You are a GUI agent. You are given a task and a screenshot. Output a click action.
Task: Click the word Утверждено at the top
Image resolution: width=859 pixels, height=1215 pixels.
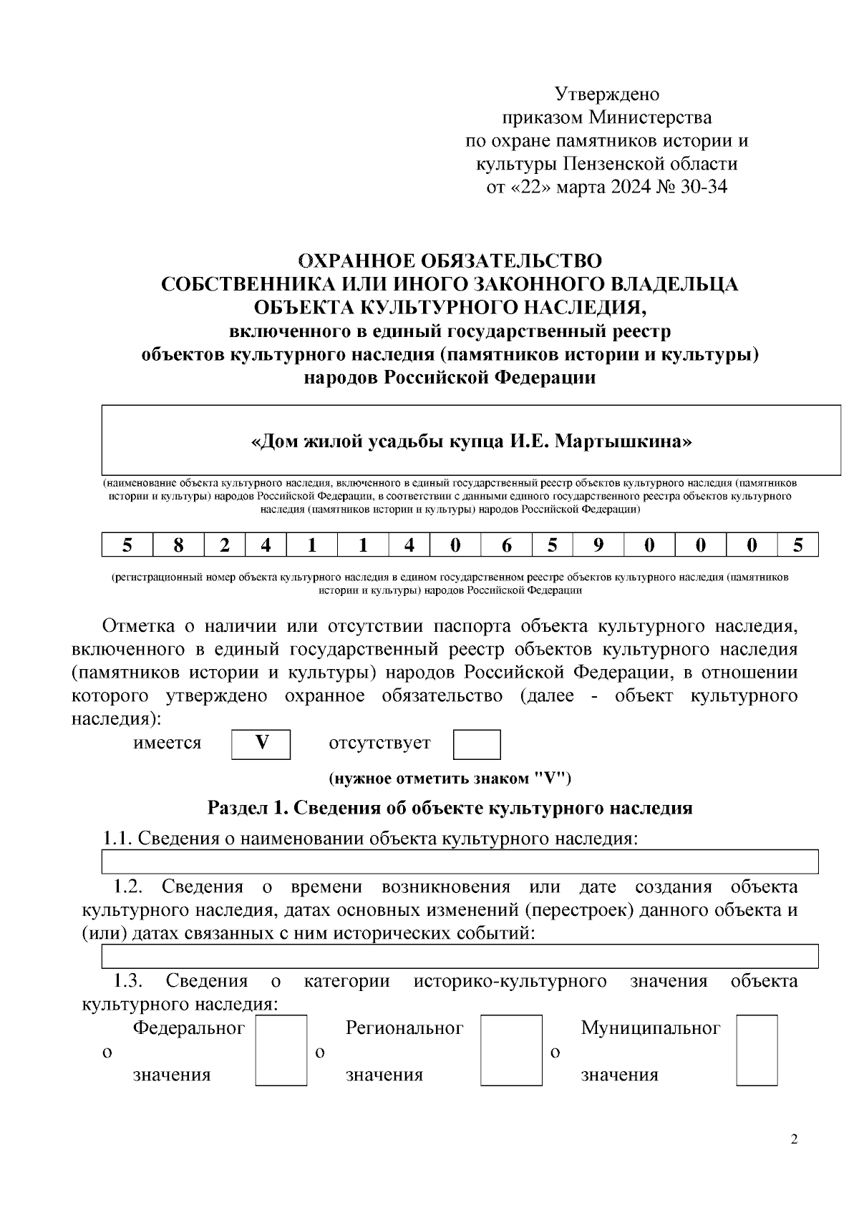click(x=606, y=94)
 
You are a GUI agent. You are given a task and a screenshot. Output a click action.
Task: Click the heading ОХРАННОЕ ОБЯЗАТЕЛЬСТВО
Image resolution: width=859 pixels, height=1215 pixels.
click(x=450, y=260)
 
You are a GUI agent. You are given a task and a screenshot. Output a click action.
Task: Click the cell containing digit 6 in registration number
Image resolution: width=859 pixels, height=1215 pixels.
click(x=506, y=545)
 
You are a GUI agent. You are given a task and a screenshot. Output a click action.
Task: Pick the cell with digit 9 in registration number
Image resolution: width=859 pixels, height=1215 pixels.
click(x=598, y=545)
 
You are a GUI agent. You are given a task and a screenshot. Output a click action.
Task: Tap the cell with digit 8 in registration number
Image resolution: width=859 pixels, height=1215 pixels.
click(x=178, y=545)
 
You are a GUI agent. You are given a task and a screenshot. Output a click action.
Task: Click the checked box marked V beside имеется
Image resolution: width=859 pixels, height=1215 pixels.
click(x=261, y=743)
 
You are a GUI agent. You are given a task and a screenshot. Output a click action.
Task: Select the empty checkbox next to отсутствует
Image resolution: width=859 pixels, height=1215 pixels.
click(x=477, y=744)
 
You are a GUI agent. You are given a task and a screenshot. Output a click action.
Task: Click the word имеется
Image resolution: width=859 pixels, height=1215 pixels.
click(x=168, y=743)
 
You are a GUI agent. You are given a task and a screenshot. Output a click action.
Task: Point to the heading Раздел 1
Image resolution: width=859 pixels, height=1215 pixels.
click(x=246, y=809)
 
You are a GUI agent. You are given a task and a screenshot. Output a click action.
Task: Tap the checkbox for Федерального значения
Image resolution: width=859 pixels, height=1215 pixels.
click(x=281, y=1050)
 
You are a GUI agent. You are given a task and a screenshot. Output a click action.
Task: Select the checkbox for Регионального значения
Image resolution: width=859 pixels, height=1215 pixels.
click(x=511, y=1050)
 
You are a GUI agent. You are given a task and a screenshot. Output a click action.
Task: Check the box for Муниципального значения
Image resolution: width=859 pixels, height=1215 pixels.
click(x=757, y=1050)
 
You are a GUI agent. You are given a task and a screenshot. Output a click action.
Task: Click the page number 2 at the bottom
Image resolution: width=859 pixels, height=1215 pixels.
click(x=793, y=1140)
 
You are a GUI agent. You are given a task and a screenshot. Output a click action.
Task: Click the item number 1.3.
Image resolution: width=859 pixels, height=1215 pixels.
click(x=129, y=981)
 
